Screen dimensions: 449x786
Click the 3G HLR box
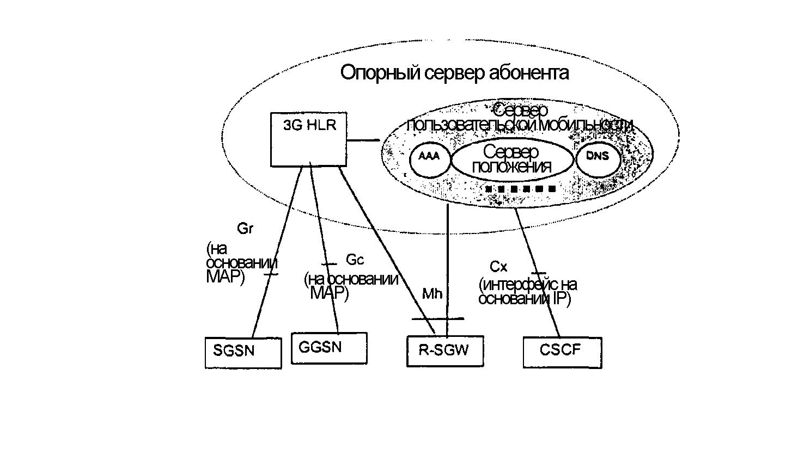tap(309, 139)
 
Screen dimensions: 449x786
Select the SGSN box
tap(243, 353)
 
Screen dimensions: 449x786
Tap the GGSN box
tap(329, 348)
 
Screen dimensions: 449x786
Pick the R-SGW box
tap(445, 352)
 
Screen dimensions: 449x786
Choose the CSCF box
tap(562, 352)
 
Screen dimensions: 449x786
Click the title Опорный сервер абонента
tap(454, 72)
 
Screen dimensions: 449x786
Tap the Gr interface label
tap(245, 229)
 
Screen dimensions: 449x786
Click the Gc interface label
tap(355, 260)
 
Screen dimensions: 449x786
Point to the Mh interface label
tap(432, 294)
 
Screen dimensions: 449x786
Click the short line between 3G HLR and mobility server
tap(363, 140)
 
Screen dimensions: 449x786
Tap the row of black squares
tap(521, 189)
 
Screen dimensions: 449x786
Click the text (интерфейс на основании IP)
tap(526, 292)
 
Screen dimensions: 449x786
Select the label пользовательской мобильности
tap(520, 124)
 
